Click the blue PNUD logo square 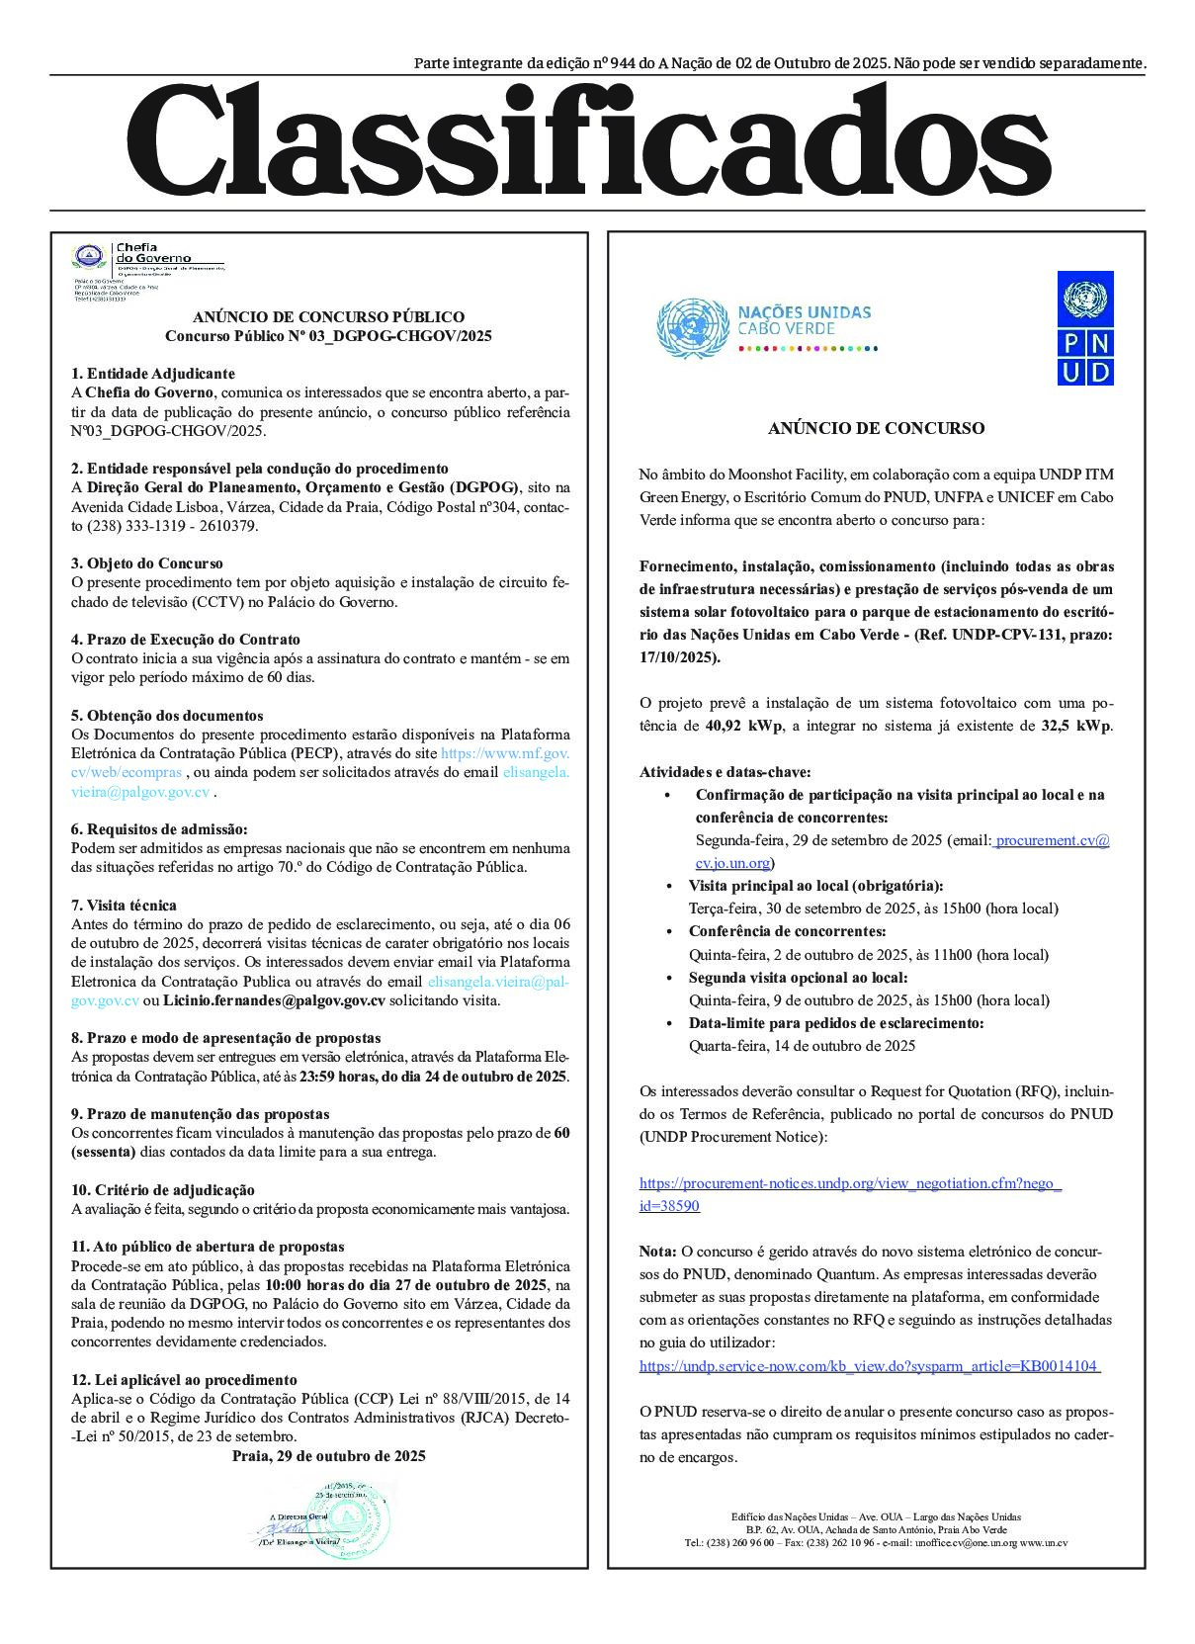1084,327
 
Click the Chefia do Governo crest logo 88,257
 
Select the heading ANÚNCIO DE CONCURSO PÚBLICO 328,317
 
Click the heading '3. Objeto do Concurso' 146,563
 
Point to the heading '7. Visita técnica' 124,906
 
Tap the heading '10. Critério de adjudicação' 162,1190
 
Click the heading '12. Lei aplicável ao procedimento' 183,1380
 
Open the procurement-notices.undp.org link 850,1183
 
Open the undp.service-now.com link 870,1366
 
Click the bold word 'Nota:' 658,1252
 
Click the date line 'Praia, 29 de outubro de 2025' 328,1456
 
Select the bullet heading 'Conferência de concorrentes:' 787,931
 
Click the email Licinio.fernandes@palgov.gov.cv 274,1000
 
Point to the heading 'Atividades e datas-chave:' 725,772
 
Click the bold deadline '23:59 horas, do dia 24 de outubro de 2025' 434,1077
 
